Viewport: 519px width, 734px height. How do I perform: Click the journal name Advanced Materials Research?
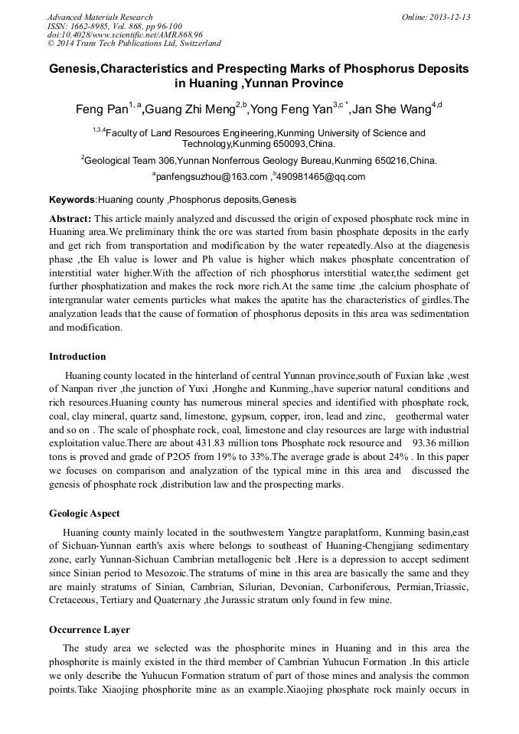pyautogui.click(x=100, y=17)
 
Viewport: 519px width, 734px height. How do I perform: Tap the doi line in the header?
pyautogui.click(x=124, y=34)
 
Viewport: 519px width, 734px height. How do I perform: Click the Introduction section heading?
pyautogui.click(x=77, y=357)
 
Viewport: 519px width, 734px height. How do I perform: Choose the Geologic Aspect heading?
pyautogui.click(x=84, y=514)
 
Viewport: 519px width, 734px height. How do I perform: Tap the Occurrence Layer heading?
pyautogui.click(x=87, y=630)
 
